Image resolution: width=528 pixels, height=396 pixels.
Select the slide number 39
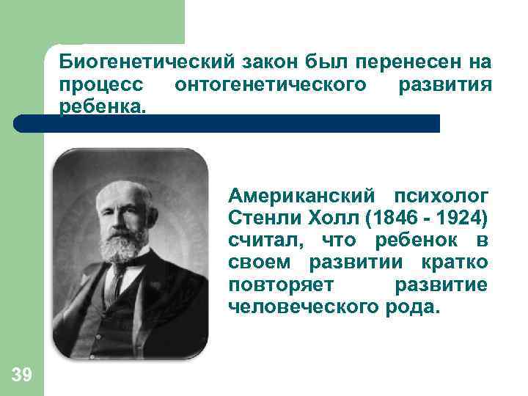click(x=22, y=376)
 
